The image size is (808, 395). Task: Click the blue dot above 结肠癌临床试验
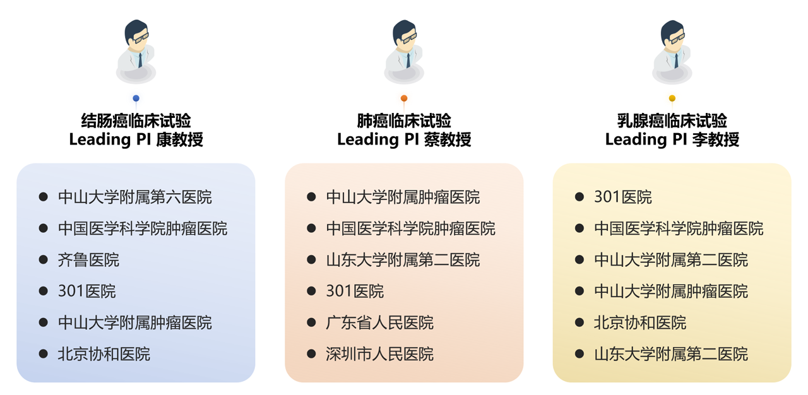(x=136, y=98)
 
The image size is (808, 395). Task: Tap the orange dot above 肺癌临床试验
(x=404, y=98)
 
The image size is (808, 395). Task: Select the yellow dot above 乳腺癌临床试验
(x=672, y=98)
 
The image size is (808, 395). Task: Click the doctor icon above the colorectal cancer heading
(x=136, y=52)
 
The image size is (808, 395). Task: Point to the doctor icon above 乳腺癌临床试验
(x=672, y=52)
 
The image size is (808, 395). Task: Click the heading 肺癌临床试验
(x=404, y=121)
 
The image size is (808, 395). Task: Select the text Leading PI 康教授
(x=136, y=139)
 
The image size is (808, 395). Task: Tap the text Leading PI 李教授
(x=672, y=139)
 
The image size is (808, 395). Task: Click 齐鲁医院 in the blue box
(x=88, y=260)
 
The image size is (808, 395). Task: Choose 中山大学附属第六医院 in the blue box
(x=134, y=197)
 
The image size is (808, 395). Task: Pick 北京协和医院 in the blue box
(x=104, y=355)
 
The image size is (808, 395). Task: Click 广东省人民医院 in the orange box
(x=379, y=323)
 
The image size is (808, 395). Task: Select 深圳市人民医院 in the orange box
(x=379, y=355)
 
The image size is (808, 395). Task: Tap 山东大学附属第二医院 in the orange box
(x=403, y=260)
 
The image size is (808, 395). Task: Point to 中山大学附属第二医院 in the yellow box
(x=670, y=260)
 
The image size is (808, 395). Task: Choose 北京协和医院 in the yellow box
(x=639, y=323)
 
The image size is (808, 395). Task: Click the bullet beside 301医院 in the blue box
(x=44, y=291)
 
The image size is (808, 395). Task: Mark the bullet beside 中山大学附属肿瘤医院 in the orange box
(x=311, y=197)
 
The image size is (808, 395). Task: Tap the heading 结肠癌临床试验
(x=136, y=121)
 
